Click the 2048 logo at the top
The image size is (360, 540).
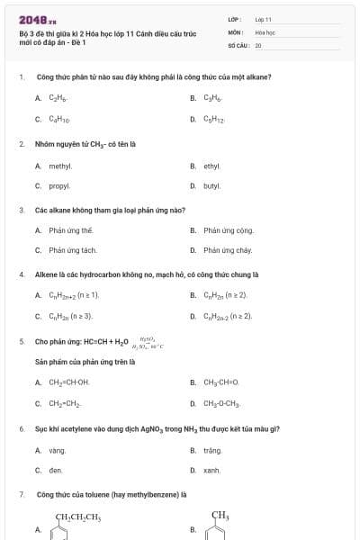[37, 19]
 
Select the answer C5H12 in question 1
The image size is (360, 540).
[213, 118]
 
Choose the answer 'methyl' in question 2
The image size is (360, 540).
[60, 166]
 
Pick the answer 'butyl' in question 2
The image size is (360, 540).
[211, 186]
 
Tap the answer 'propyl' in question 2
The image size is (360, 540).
[59, 186]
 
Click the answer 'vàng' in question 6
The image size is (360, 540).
[58, 449]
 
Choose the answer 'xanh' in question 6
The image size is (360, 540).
[211, 470]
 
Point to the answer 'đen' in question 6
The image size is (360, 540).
[56, 470]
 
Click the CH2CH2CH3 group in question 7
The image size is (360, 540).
[78, 517]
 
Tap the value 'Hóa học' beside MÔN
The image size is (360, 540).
[265, 31]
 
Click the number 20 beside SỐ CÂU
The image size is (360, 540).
[258, 43]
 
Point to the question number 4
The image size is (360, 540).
[22, 274]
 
